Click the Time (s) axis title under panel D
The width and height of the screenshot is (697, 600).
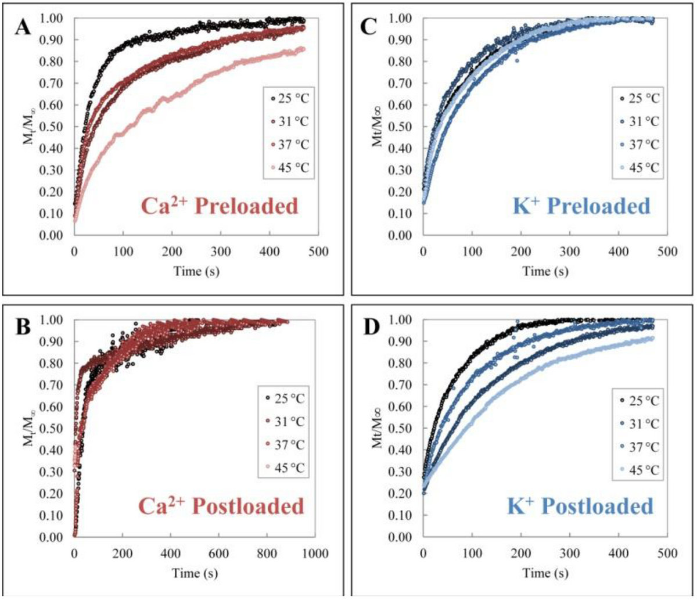click(x=543, y=571)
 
